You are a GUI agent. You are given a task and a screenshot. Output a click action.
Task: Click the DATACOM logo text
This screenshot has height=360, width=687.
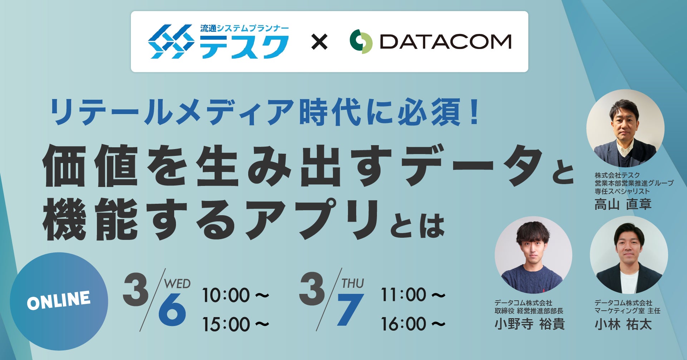coord(445,42)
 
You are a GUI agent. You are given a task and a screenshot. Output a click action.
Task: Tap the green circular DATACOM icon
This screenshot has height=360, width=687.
coord(361,41)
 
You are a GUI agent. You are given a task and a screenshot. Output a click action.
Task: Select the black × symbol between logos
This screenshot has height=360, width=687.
coord(319,42)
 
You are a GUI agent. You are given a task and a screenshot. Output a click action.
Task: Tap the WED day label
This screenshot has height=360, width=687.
coord(177,284)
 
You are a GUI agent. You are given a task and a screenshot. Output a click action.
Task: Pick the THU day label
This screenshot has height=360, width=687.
coord(353,283)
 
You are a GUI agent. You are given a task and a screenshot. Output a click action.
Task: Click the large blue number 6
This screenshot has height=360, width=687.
coord(172,310)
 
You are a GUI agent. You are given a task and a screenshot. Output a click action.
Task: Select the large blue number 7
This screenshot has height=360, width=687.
coord(350,310)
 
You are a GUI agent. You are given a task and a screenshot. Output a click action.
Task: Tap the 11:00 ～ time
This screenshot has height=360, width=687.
coord(413,295)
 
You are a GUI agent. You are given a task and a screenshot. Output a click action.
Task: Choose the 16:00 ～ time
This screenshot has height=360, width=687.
coord(413,324)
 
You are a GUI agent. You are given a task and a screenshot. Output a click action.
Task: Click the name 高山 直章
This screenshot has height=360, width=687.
coord(623,204)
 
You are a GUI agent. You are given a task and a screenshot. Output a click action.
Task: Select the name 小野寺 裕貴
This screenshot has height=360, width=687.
coord(530,324)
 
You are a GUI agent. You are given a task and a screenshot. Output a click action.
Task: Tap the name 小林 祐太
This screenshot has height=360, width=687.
coord(623,324)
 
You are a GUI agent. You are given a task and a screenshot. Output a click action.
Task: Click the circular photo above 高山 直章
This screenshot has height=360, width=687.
coord(625,128)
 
